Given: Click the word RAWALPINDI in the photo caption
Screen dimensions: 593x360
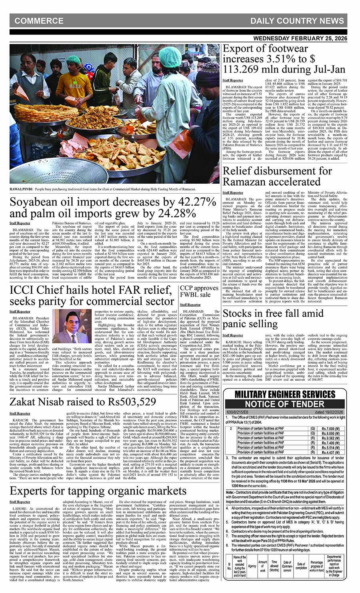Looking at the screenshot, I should coord(21,188).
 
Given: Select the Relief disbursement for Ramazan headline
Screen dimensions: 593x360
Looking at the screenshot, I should coord(277,176).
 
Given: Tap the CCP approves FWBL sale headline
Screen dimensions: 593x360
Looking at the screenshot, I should coord(199,291).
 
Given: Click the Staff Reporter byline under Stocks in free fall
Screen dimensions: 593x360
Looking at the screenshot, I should coord(233,335).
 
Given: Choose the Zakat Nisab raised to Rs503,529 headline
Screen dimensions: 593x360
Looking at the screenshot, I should coord(83,401).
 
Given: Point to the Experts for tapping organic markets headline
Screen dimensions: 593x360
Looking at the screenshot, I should coord(98,491).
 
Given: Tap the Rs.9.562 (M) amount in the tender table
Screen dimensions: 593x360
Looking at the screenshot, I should coord(330,438).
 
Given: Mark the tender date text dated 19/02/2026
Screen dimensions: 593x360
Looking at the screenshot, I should coord(329,412).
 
